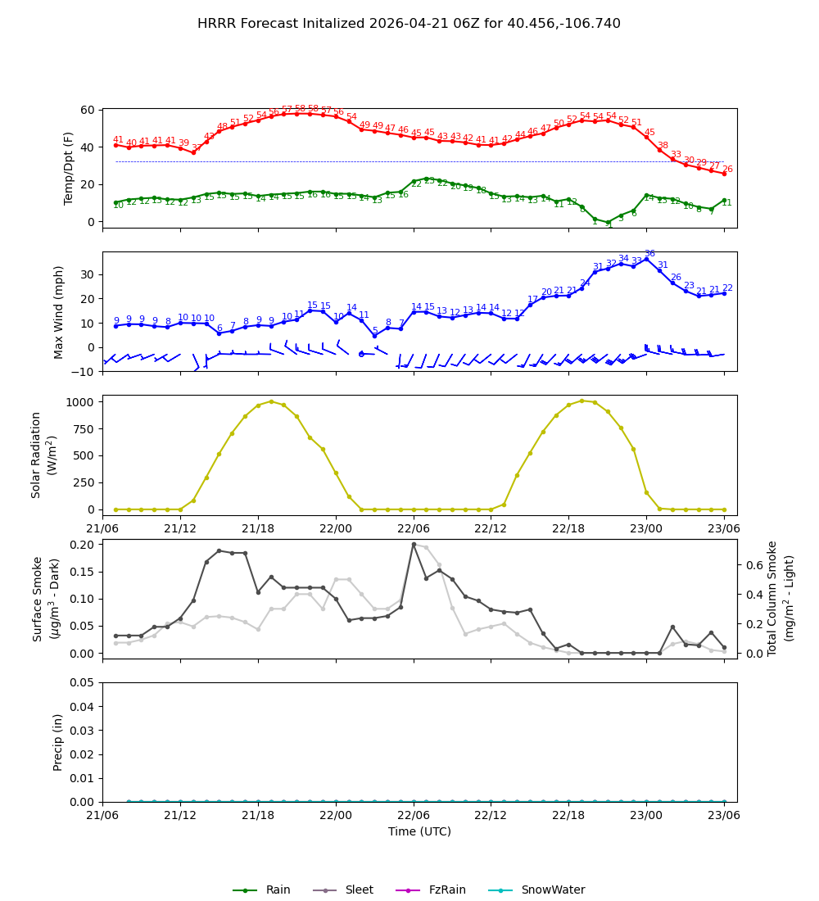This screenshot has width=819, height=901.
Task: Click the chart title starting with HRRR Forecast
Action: click(409, 24)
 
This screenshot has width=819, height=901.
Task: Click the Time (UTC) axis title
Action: click(419, 831)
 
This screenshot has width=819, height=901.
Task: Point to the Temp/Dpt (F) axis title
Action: click(70, 168)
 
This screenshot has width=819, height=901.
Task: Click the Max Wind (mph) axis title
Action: click(59, 311)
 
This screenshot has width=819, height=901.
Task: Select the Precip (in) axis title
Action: click(59, 742)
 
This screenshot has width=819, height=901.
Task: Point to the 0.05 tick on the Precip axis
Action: click(83, 682)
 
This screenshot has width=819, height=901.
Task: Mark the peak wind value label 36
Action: click(649, 254)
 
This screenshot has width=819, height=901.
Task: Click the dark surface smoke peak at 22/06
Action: click(414, 544)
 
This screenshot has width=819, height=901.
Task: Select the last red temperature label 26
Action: click(727, 170)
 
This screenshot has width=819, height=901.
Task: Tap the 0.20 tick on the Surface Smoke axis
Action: click(83, 545)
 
